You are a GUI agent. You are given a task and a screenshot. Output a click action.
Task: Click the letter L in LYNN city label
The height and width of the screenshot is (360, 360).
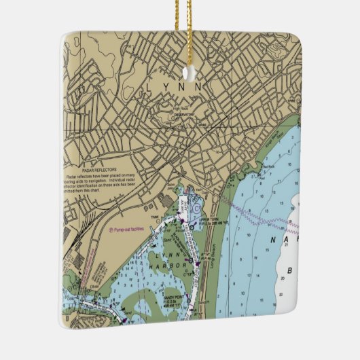point(149,87)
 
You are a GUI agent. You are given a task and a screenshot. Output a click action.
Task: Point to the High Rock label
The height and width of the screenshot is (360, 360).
point(180,109)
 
